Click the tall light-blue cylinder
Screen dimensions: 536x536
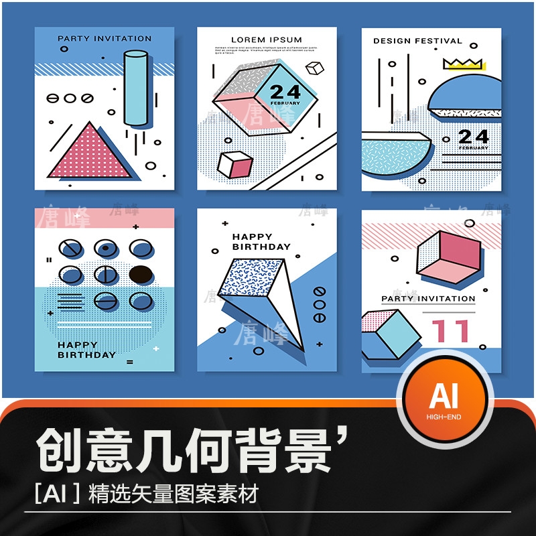[x=137, y=88]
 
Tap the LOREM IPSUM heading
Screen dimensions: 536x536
[x=267, y=40]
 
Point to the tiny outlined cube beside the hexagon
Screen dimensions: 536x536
[x=314, y=68]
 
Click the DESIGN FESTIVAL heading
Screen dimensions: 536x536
[x=417, y=41]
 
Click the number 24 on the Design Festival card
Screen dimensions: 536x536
[x=473, y=138]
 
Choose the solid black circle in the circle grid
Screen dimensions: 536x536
[x=141, y=273]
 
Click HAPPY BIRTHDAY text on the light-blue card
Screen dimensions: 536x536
[x=86, y=350]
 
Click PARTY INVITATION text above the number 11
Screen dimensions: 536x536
[x=428, y=299]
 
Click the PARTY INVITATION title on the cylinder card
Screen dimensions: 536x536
[x=105, y=39]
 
